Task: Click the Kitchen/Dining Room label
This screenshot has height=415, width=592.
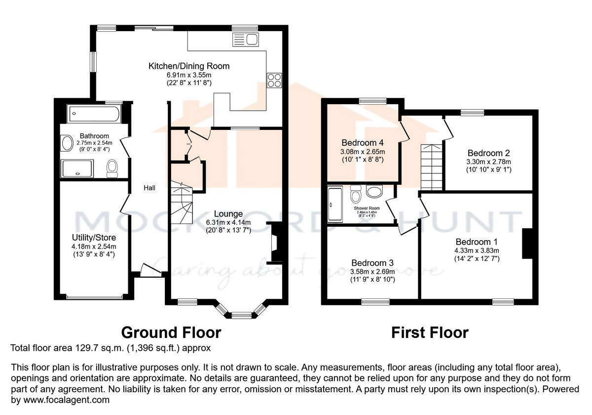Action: [x=189, y=66]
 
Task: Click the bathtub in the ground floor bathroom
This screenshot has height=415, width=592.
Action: [x=94, y=114]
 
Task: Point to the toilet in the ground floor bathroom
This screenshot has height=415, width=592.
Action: [x=112, y=167]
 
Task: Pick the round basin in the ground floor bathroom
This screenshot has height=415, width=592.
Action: [x=67, y=144]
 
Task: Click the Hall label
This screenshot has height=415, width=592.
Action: [x=149, y=188]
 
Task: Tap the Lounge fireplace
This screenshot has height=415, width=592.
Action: [x=274, y=243]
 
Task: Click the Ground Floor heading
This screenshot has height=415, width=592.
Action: [x=171, y=332]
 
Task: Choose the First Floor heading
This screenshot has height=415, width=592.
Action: [x=430, y=332]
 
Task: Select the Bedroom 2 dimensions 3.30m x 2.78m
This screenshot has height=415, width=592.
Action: [x=489, y=162]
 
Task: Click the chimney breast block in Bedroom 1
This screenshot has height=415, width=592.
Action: [x=527, y=244]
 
